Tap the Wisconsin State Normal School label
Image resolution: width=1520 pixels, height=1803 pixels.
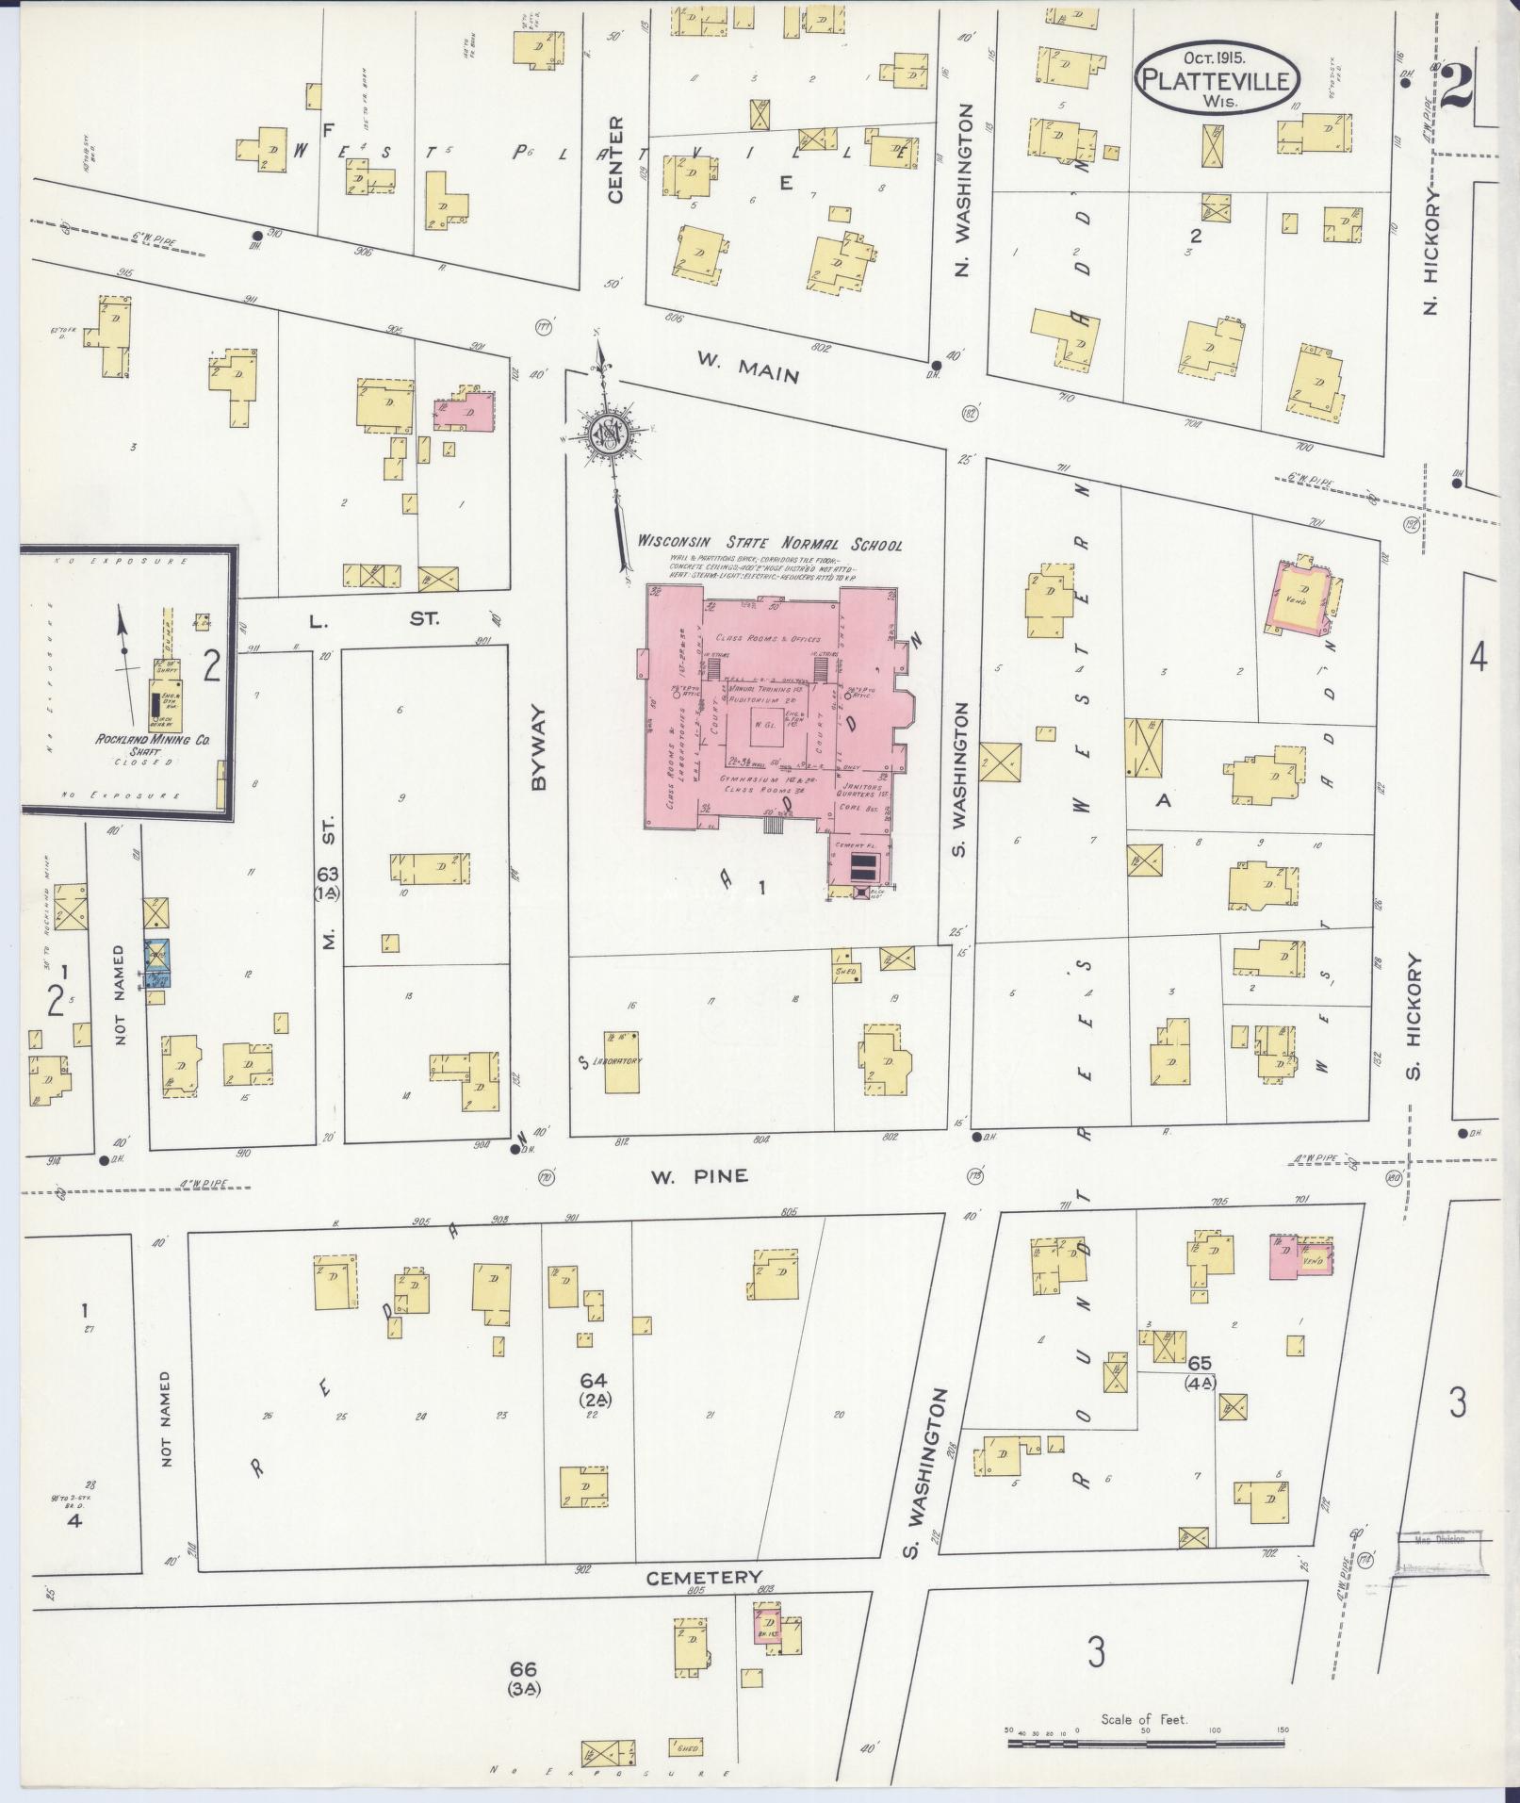(770, 544)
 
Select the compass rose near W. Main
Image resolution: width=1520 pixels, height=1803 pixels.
(610, 434)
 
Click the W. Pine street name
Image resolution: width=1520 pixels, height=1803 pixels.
(698, 1175)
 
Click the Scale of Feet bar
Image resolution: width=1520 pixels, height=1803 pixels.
(1144, 1744)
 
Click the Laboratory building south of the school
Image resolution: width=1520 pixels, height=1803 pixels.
(621, 1062)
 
